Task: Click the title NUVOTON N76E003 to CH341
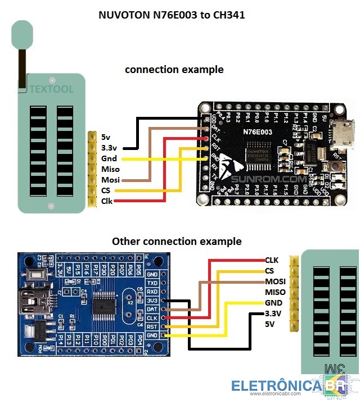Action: coord(172,16)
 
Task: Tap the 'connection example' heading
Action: coord(174,70)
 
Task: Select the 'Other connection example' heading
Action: coord(177,241)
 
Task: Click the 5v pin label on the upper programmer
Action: coord(106,137)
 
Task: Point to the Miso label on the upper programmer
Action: coord(110,169)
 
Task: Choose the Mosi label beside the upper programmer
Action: coord(110,180)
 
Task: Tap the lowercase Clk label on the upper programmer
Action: coord(107,201)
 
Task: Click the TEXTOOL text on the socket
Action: coord(51,89)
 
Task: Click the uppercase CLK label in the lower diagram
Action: coord(272,260)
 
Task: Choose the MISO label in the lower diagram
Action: coord(275,292)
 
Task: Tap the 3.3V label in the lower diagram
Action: coord(273,313)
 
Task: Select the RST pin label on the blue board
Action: coord(152,326)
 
